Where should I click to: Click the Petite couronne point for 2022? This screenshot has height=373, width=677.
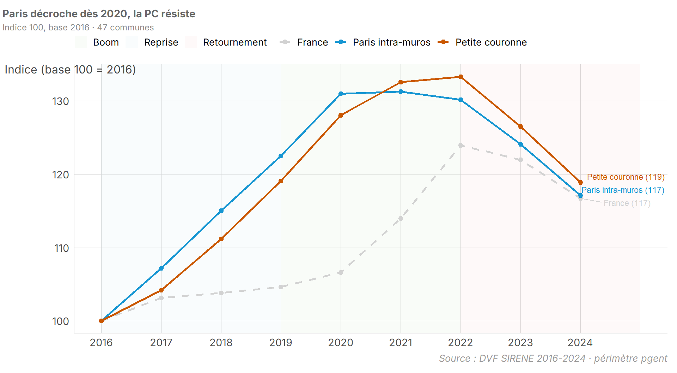click(x=461, y=77)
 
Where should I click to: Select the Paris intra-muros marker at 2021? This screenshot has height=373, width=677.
click(x=401, y=92)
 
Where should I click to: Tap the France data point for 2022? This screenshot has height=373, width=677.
click(x=461, y=146)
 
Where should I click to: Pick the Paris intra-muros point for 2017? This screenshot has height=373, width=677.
click(x=161, y=268)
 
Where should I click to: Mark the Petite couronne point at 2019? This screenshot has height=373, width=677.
click(x=281, y=181)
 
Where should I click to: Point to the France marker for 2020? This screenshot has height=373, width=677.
click(x=341, y=272)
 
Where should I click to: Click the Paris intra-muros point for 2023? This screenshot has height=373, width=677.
click(x=520, y=144)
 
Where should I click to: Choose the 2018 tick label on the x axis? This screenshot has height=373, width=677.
click(x=221, y=343)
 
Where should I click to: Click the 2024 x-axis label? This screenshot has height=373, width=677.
click(x=580, y=343)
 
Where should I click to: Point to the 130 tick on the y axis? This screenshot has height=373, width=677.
click(x=61, y=101)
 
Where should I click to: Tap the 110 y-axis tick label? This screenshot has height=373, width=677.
click(x=61, y=248)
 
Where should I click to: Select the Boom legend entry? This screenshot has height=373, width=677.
click(x=97, y=42)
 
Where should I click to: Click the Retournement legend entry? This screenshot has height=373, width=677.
click(x=226, y=42)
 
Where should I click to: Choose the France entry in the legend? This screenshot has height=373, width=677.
click(x=304, y=42)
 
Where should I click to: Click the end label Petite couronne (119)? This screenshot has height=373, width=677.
click(x=626, y=177)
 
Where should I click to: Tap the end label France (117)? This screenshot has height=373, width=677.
click(x=627, y=203)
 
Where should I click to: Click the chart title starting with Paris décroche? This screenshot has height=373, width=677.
click(x=99, y=14)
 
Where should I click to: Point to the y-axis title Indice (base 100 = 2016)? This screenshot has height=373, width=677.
click(x=70, y=70)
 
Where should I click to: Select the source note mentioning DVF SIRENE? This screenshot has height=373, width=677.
click(x=553, y=359)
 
